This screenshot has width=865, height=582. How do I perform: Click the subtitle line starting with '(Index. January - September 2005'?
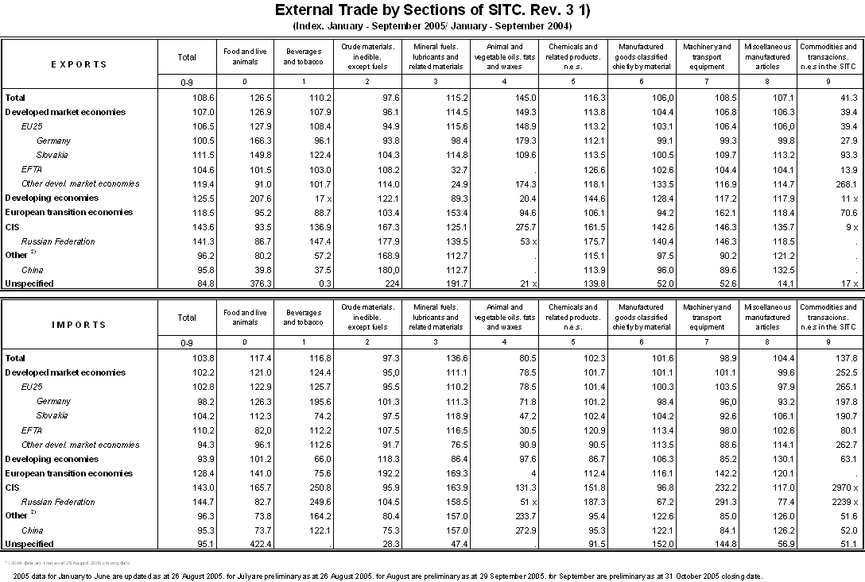point(432,25)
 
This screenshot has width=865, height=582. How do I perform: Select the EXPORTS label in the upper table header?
point(79,64)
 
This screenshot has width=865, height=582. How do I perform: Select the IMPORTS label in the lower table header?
point(79,325)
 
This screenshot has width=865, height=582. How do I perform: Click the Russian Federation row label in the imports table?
point(58,502)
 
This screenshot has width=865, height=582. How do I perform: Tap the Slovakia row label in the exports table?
point(52,155)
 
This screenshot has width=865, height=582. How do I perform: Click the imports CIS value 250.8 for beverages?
point(310,488)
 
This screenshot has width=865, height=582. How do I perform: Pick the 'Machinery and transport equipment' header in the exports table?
point(707,57)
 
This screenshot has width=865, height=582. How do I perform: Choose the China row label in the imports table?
point(33,530)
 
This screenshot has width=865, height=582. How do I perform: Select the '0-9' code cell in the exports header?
point(187,82)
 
